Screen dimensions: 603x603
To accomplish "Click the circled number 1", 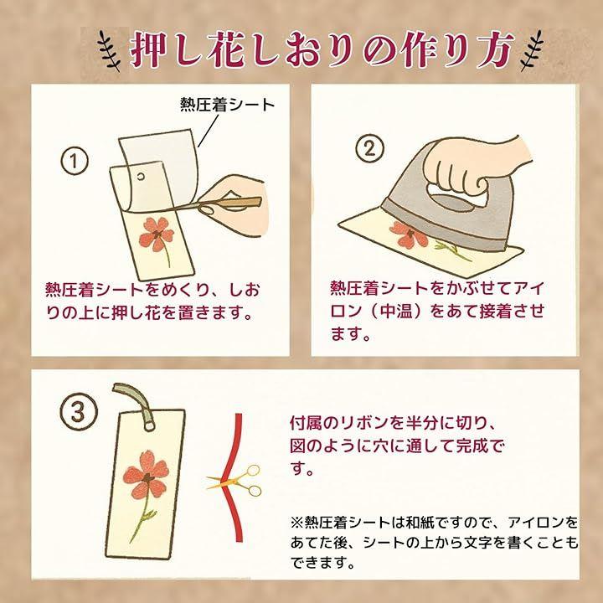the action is (75, 161).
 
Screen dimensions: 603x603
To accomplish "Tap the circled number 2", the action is (369, 148).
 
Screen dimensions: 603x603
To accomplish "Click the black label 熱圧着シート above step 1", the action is (228, 105).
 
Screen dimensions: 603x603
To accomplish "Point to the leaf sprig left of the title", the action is (109, 50).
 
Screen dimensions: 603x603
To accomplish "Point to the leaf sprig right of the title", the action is (532, 50).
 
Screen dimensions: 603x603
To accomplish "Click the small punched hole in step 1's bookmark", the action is (141, 176).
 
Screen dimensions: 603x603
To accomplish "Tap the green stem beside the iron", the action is (454, 250).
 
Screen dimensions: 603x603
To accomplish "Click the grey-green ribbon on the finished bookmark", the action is (135, 405).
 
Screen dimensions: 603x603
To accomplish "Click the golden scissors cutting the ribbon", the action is (235, 480).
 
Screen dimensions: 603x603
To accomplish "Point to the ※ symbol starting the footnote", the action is (296, 523).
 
